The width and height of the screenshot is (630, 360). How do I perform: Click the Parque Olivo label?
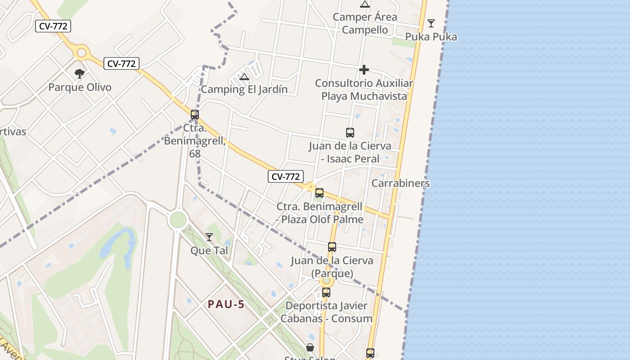(x=80, y=87)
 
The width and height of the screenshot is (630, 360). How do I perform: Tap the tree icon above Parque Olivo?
(x=80, y=73)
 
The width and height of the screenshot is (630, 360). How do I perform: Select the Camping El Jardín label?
(x=244, y=89)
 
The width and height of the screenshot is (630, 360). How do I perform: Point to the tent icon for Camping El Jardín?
(x=244, y=76)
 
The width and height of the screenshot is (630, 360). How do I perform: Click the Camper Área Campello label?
(x=365, y=23)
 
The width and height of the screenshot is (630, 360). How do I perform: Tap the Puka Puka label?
(x=431, y=37)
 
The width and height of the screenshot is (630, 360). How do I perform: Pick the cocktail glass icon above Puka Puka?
(x=431, y=23)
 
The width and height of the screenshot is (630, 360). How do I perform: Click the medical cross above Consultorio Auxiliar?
(x=364, y=70)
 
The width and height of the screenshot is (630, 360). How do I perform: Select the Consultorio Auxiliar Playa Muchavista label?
(x=364, y=90)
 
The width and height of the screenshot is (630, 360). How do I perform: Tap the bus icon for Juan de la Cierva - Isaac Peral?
(x=350, y=132)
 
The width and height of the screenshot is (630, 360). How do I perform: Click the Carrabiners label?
(x=400, y=183)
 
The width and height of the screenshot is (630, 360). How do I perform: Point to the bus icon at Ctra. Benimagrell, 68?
(x=195, y=115)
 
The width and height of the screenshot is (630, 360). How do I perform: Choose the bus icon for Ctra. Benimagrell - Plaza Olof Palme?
(x=319, y=193)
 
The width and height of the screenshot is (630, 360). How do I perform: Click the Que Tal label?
(x=209, y=250)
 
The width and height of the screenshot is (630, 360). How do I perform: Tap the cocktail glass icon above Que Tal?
(x=209, y=237)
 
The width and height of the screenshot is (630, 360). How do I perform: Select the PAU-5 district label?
(x=226, y=304)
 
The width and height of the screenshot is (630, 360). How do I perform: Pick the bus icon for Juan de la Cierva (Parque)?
(x=332, y=247)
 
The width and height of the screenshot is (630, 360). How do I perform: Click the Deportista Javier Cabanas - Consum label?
(x=326, y=312)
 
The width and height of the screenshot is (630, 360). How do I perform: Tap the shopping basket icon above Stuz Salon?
(x=310, y=347)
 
